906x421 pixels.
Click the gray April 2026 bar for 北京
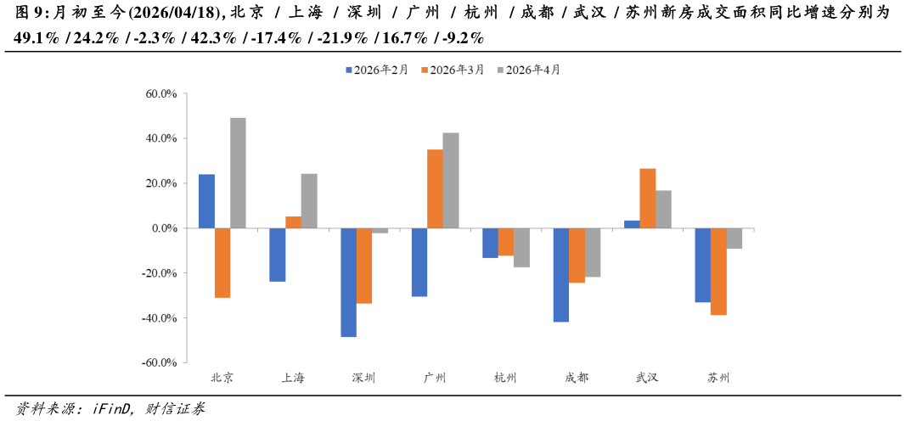pyautogui.click(x=238, y=173)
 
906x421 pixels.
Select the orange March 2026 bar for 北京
pyautogui.click(x=222, y=263)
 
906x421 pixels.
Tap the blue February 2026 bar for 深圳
pyautogui.click(x=348, y=283)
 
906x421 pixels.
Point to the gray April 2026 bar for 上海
pyautogui.click(x=309, y=201)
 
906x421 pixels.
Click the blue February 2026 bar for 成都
pyautogui.click(x=560, y=275)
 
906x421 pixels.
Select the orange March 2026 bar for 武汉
pyautogui.click(x=647, y=199)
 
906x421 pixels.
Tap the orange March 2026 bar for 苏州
pyautogui.click(x=718, y=272)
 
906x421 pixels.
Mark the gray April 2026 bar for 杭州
pyautogui.click(x=521, y=248)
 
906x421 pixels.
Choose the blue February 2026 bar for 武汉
pyautogui.click(x=632, y=224)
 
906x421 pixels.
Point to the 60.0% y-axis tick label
pyautogui.click(x=160, y=94)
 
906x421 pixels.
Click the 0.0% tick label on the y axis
pyautogui.click(x=163, y=228)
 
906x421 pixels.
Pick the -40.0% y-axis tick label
pyautogui.click(x=159, y=318)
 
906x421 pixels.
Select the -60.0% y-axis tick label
pyautogui.click(x=159, y=363)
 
